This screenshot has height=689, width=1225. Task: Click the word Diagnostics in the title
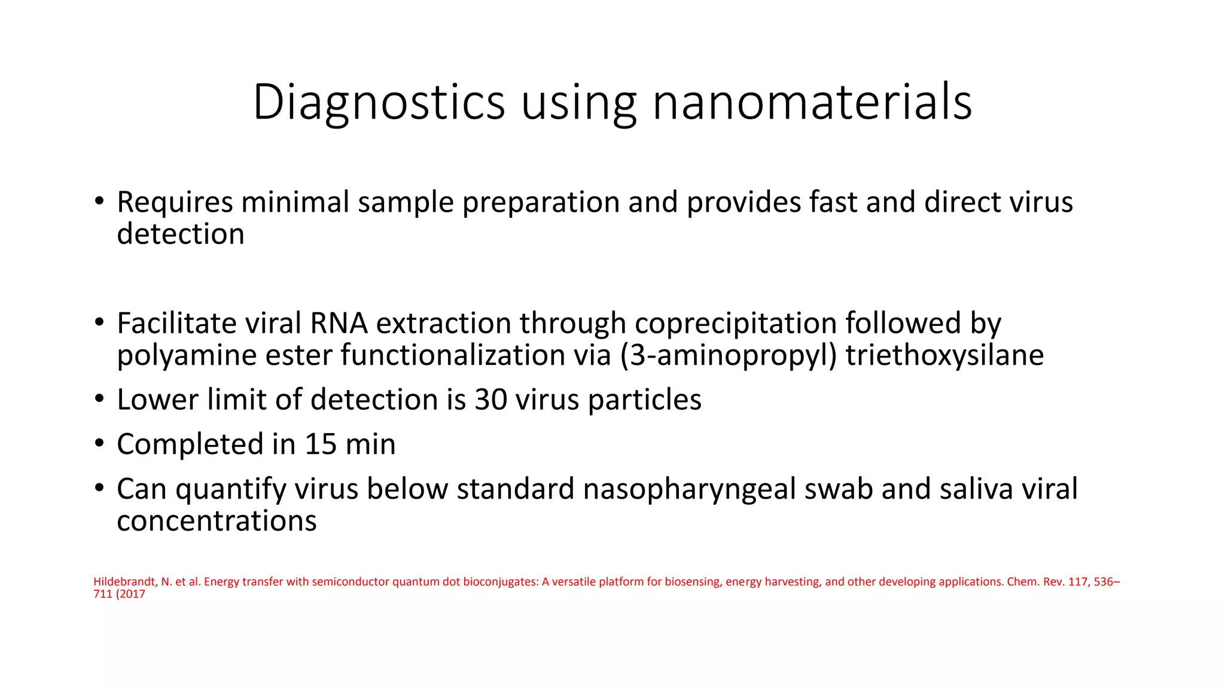coord(379,103)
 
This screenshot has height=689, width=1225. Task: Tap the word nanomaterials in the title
coord(812,103)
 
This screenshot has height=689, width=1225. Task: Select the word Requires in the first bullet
coord(175,202)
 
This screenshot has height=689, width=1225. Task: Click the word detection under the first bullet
coord(181,234)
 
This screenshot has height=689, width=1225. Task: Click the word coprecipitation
coord(735,324)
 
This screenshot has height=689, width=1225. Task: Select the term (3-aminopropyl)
coord(728,355)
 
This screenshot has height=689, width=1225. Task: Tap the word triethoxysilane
coord(944,355)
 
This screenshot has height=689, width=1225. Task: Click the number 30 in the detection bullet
coord(490,400)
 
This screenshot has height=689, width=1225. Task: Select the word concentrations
coord(217,521)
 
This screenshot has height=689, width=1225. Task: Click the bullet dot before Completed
coord(99,444)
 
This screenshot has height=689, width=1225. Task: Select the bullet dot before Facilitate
coord(99,323)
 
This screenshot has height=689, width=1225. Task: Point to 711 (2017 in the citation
coord(119,595)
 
